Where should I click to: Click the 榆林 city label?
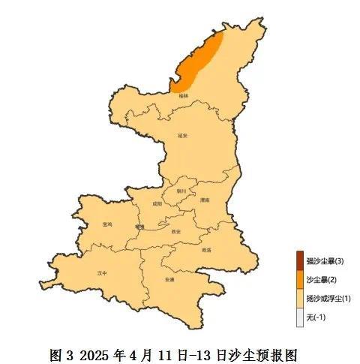pos(184,95)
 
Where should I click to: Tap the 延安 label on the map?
pos(181,136)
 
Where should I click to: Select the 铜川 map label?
pos(181,191)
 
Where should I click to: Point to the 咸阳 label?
pos(157,203)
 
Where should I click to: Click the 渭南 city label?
pos(205,200)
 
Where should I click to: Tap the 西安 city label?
pos(176,232)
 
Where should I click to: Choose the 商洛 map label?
pos(207,249)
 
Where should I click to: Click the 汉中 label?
pos(103,273)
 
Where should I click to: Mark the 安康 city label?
pos(169,280)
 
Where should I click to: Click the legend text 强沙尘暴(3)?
pos(325,260)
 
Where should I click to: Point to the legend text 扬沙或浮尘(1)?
pos(328,299)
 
